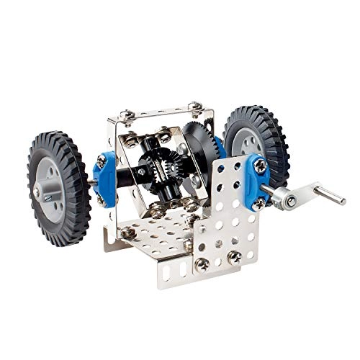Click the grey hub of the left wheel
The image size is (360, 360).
[x=48, y=188]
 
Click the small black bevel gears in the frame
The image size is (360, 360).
[x=157, y=171]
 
